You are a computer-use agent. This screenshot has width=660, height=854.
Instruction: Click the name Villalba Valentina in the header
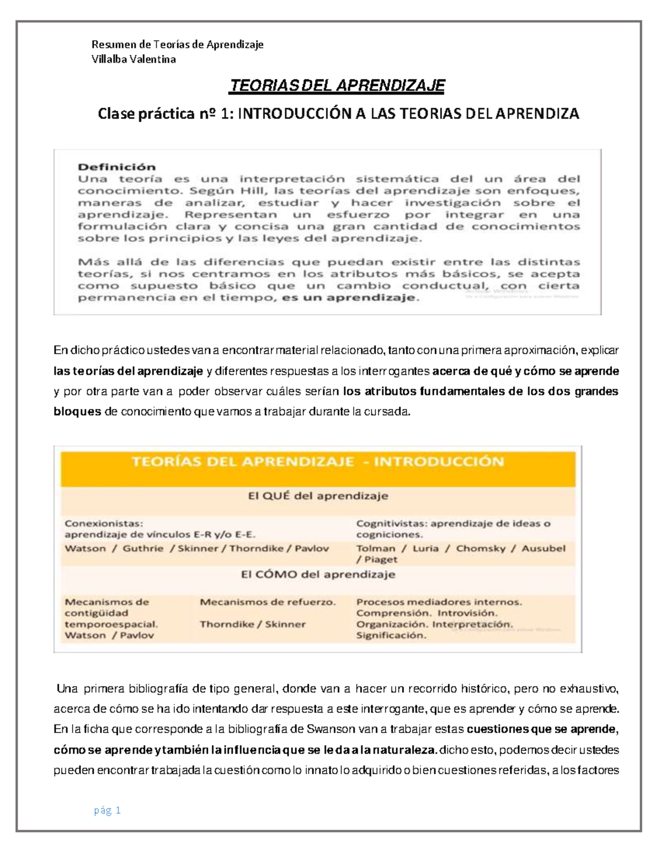[x=134, y=59]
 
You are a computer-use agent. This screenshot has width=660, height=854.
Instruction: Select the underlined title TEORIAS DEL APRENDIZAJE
[x=337, y=86]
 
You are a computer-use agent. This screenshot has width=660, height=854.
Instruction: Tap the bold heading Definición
[x=117, y=167]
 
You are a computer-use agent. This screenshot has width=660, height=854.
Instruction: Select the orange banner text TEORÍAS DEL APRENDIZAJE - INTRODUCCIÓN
[x=317, y=461]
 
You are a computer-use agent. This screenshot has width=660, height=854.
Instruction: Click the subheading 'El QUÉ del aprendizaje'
[x=318, y=495]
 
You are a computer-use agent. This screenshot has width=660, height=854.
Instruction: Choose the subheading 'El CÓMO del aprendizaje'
[x=318, y=575]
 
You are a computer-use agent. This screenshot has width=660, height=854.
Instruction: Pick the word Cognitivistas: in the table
[x=391, y=524]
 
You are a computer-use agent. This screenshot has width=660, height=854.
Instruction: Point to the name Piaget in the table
[x=380, y=559]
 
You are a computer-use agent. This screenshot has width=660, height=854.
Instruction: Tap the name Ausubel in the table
[x=543, y=548]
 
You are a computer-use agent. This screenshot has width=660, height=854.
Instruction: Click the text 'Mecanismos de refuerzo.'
[x=267, y=602]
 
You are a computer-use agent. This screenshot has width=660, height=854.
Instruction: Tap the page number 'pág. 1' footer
[x=107, y=810]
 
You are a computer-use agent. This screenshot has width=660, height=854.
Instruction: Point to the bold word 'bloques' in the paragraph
[x=77, y=411]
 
